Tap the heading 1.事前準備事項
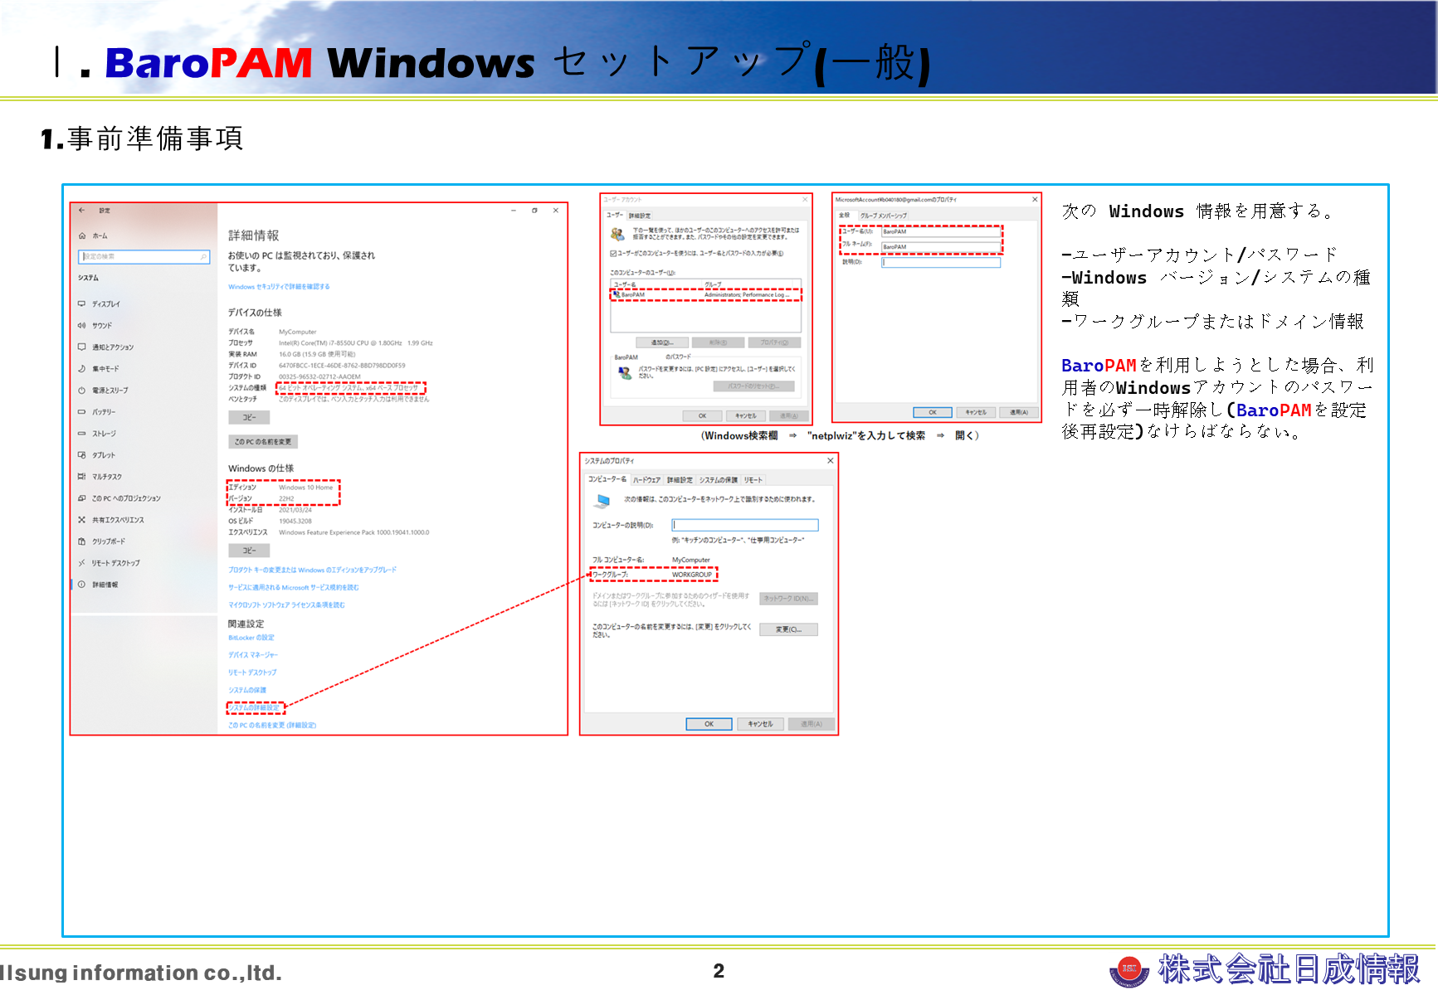(142, 138)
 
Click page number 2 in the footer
(719, 971)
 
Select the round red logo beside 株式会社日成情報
(1128, 969)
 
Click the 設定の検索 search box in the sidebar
(143, 257)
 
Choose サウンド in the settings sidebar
(102, 326)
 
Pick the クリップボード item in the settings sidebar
(109, 541)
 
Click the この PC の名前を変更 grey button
(262, 442)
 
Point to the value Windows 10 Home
(305, 488)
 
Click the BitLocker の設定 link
(251, 638)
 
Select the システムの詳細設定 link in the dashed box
(256, 708)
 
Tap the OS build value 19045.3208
(295, 522)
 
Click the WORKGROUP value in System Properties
(692, 575)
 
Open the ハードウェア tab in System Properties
(646, 480)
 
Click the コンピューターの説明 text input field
(744, 525)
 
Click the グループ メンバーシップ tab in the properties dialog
(883, 216)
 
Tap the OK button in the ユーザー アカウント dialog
(702, 416)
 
